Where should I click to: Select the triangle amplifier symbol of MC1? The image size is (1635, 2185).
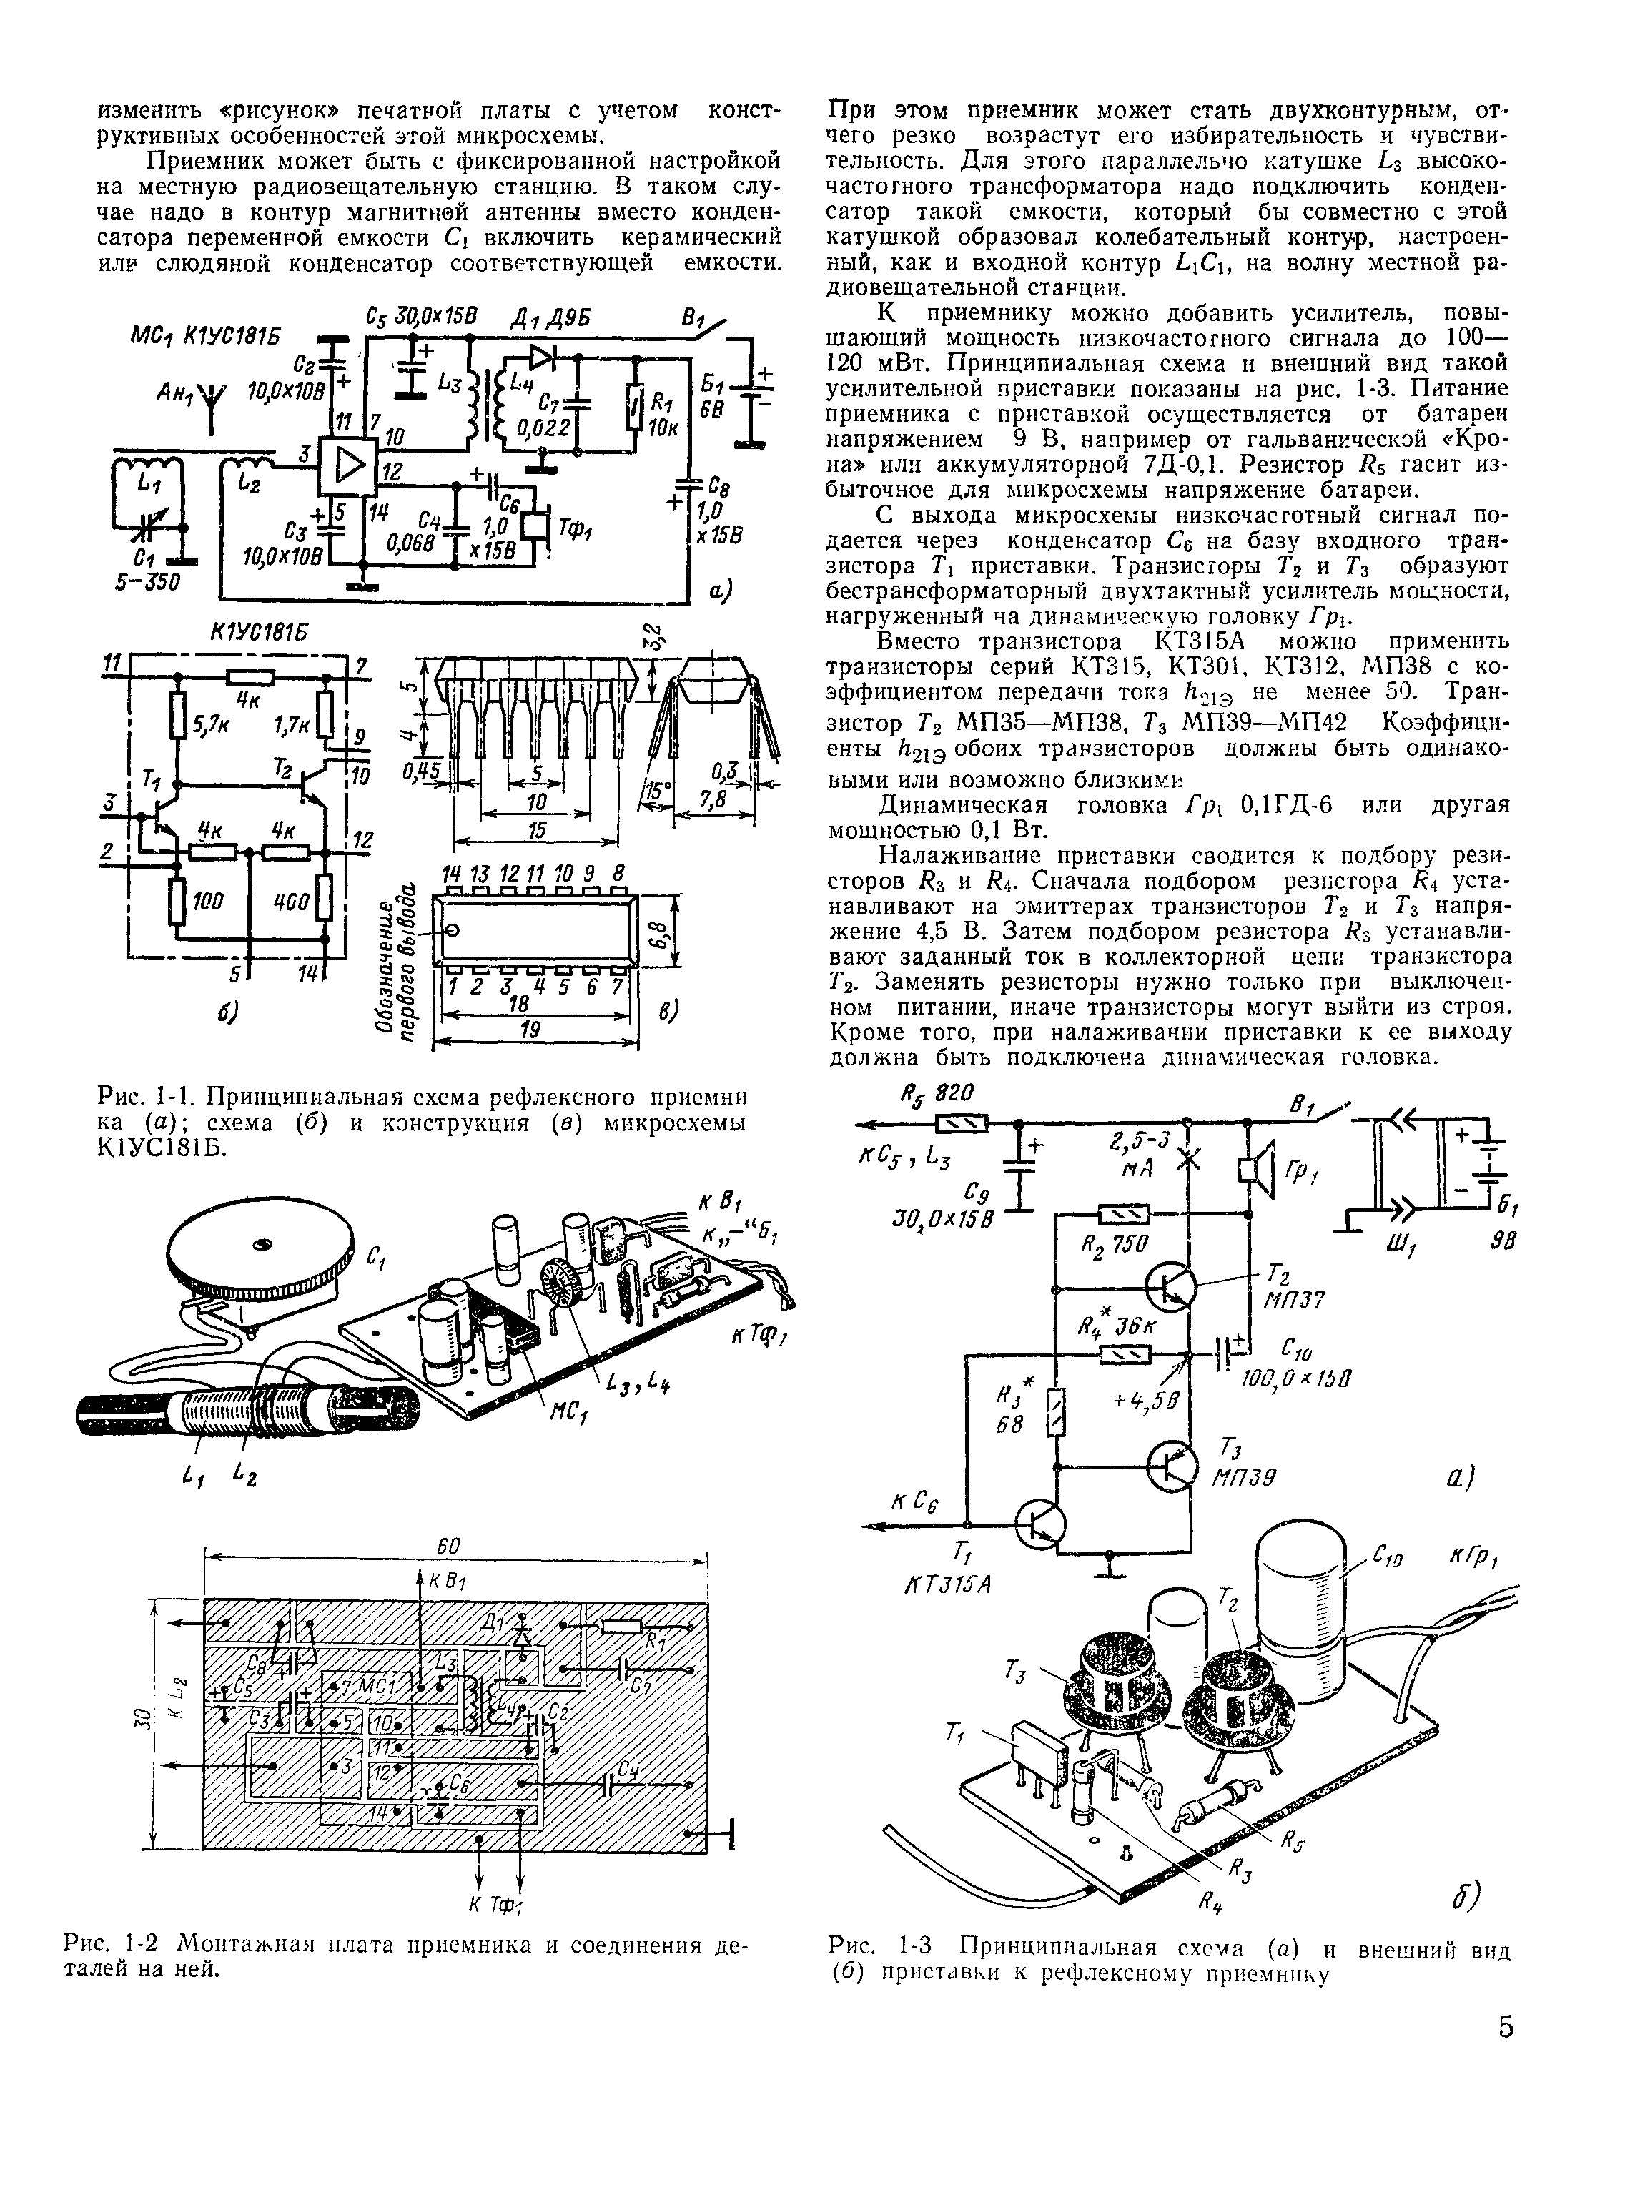tap(345, 460)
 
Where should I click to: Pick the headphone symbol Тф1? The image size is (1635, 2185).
tap(540, 526)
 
